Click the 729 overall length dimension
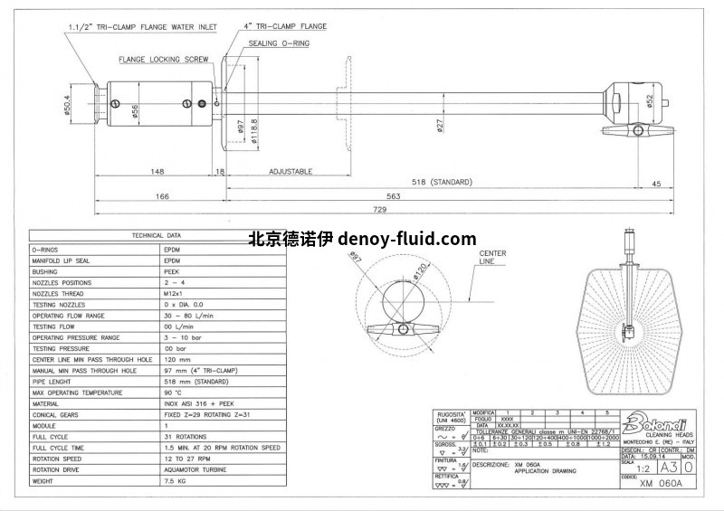point(379,209)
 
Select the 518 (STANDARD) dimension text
point(443,182)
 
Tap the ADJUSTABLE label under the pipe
point(291,171)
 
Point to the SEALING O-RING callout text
point(283,43)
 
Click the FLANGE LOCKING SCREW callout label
point(164,60)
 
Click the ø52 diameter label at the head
point(650,102)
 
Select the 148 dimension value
point(157,171)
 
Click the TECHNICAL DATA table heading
point(157,234)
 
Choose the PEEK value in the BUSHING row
point(172,270)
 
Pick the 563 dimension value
point(395,195)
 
